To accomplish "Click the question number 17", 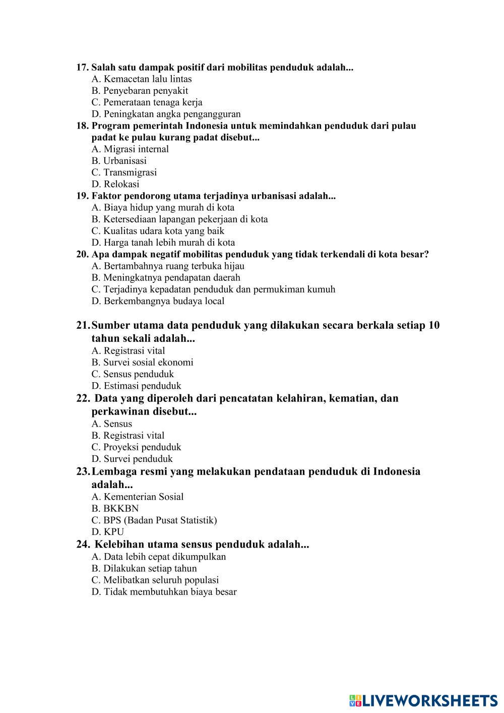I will coord(82,68).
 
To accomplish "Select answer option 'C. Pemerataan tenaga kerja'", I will coord(147,102).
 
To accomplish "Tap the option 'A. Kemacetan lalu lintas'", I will coord(142,79).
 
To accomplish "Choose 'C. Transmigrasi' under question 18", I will coord(124,172).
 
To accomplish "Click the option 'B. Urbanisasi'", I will coord(119,161).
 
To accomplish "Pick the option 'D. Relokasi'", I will coord(115,184).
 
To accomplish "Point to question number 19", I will coord(82,196).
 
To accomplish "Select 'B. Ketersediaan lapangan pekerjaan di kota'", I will coord(179,219).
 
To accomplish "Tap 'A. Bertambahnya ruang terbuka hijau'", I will coord(168,266).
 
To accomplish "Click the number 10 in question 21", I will coord(434,325).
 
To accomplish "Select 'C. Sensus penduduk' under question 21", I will coord(133,374).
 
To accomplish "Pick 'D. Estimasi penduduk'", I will coord(136,386).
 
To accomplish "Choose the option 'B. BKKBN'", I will coord(115,508).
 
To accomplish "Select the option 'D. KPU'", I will coord(108,531).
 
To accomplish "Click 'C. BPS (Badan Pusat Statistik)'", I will coord(154,520).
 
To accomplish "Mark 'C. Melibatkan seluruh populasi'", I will coord(155,580).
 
